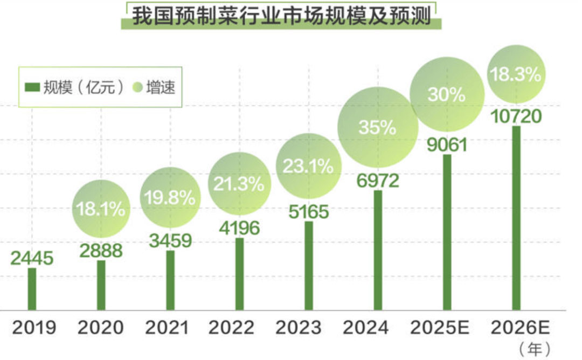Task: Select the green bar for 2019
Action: tap(32, 289)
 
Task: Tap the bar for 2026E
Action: tap(516, 218)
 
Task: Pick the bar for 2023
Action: tap(309, 266)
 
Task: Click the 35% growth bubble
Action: tap(378, 128)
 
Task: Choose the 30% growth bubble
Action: tap(446, 94)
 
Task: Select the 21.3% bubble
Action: tap(239, 184)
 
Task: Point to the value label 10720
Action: tap(516, 116)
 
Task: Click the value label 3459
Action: tap(170, 240)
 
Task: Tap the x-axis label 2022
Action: tap(239, 327)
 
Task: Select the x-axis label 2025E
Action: tap(446, 327)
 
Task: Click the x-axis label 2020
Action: tap(101, 327)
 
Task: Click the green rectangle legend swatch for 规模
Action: tap(32, 87)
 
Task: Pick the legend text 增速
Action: tap(162, 87)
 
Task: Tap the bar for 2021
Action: tap(170, 280)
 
